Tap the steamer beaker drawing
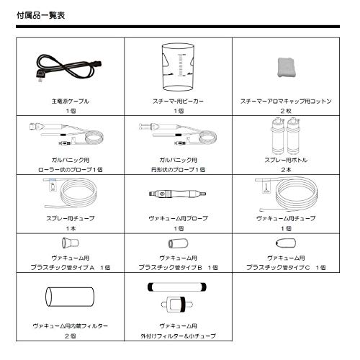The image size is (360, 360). (x=176, y=68)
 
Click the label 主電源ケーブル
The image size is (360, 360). (x=71, y=102)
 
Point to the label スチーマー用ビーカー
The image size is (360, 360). (x=178, y=102)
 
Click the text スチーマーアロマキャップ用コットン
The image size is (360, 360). (x=286, y=102)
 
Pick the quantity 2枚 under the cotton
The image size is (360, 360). (x=286, y=111)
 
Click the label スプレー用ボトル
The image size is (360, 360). (x=286, y=159)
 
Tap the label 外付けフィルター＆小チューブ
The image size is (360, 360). (x=178, y=336)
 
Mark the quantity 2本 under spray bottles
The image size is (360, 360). (x=286, y=169)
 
